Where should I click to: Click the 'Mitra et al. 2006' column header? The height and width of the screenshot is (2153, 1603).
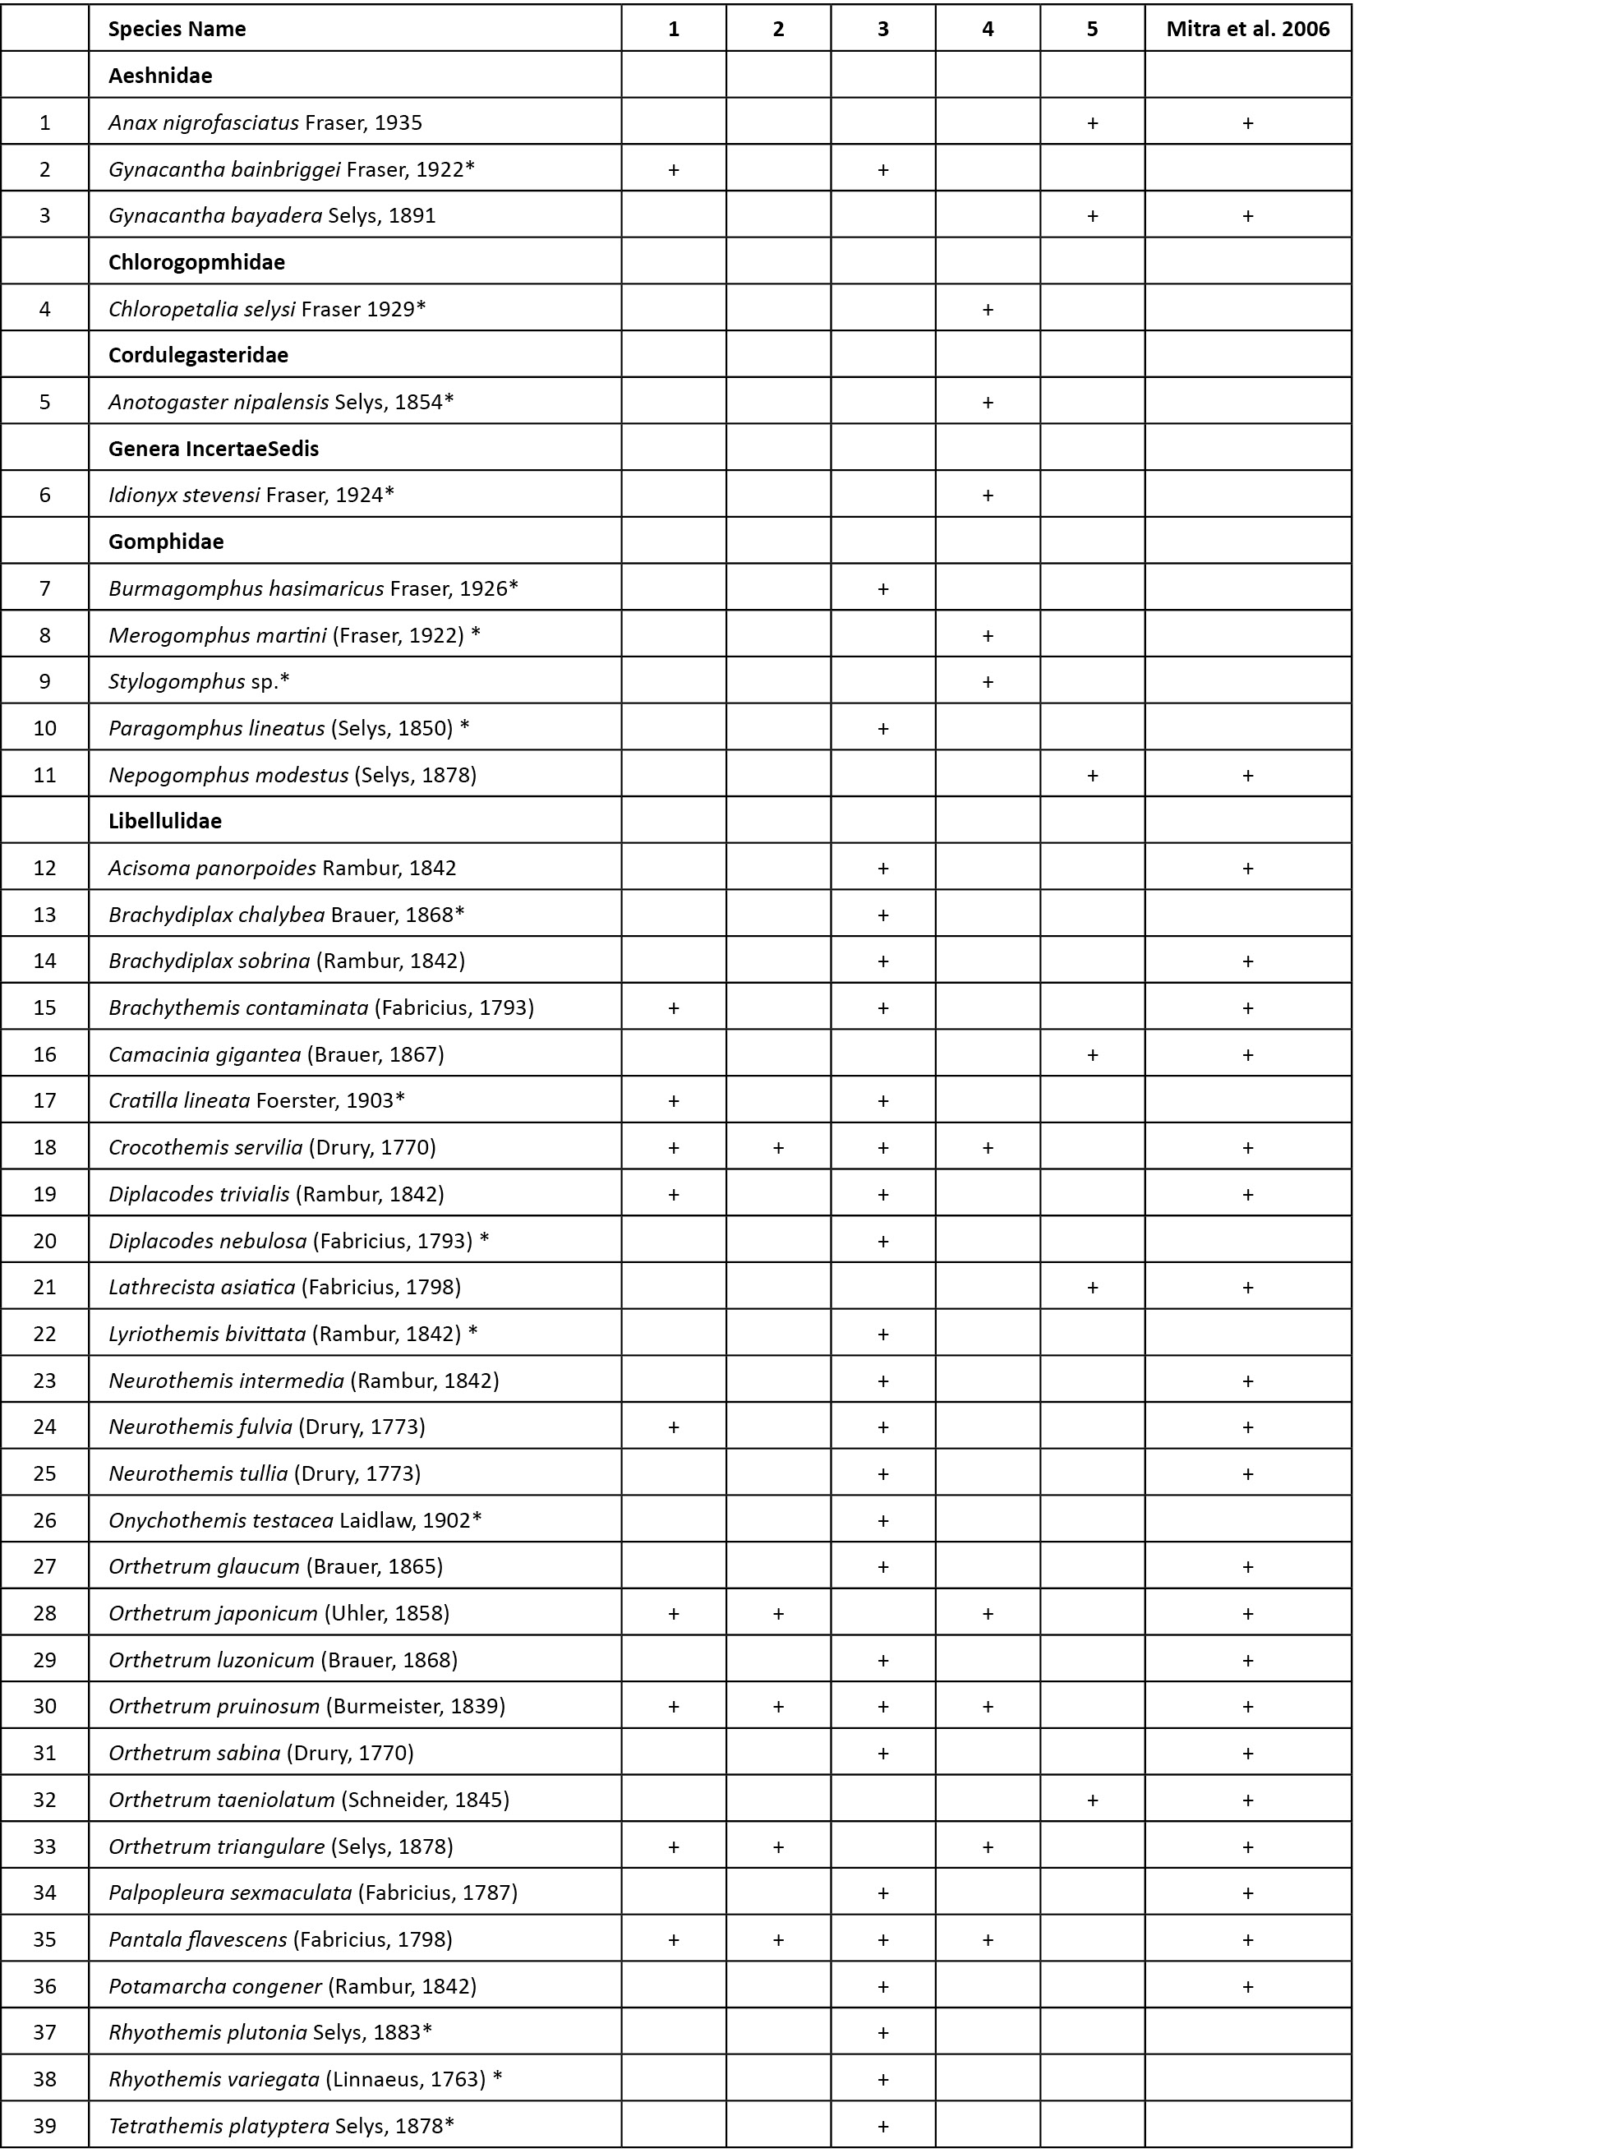[1247, 29]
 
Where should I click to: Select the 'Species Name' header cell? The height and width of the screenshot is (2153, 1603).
[177, 29]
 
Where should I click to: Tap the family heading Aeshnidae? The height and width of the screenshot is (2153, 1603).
[160, 76]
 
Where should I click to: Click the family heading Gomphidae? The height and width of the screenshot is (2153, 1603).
[166, 542]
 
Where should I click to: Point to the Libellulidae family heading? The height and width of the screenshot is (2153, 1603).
[165, 821]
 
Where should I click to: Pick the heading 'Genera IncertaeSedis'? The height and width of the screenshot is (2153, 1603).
[214, 448]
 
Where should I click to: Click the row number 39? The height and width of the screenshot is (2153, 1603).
[44, 2125]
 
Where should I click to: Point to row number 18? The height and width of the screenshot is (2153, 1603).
[44, 1147]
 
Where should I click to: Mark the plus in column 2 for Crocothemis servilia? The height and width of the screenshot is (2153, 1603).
[778, 1147]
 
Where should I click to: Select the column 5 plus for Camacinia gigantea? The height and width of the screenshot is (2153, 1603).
[1093, 1053]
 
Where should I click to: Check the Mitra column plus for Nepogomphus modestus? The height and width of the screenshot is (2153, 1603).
[1248, 775]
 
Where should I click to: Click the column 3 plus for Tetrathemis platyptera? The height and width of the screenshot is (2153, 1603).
[883, 2126]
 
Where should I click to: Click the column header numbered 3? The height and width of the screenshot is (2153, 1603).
[883, 29]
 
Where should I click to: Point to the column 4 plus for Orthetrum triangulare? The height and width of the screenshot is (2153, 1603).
[988, 1846]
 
